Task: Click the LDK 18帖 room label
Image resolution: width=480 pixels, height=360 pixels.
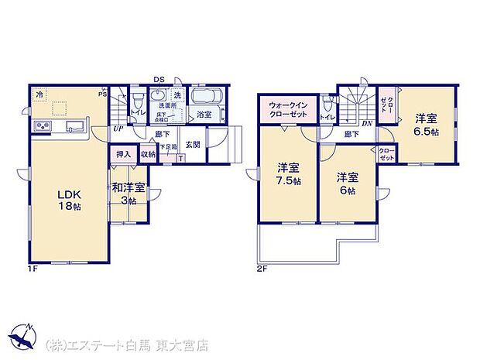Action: (x=68, y=201)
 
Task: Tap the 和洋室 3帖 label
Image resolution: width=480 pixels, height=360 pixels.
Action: (x=128, y=192)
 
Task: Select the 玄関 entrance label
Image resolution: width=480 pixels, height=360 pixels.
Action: (x=194, y=145)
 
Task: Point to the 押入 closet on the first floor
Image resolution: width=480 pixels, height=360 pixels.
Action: (x=124, y=154)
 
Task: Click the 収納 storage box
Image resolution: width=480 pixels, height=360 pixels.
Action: (x=148, y=154)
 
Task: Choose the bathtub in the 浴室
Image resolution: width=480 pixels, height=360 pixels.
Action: (x=205, y=98)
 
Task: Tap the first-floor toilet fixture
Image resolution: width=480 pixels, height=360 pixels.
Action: (x=137, y=101)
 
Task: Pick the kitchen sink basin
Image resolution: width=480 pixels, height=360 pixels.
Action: (x=75, y=126)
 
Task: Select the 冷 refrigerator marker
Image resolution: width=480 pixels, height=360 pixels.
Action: (x=39, y=94)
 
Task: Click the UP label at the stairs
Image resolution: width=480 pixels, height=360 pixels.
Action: (x=119, y=129)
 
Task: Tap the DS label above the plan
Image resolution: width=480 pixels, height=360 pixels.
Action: (x=158, y=79)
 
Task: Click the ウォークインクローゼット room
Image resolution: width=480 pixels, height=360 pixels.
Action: (x=288, y=109)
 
